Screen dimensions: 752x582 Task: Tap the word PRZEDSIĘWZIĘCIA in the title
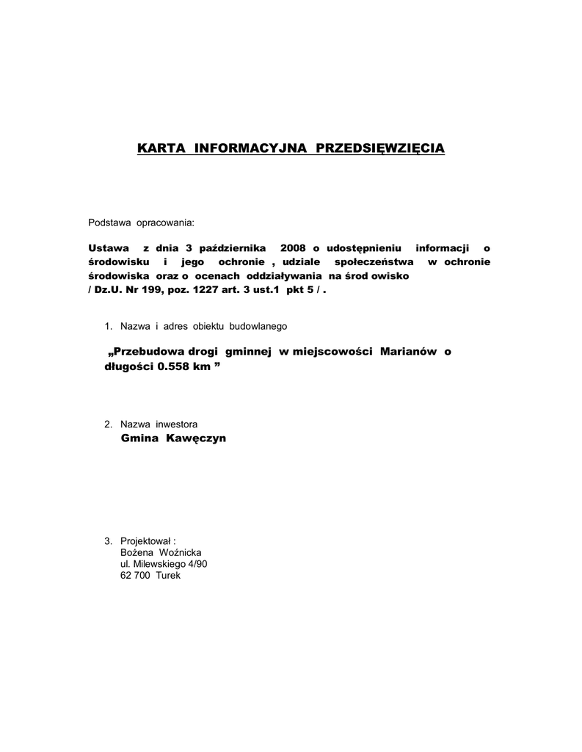pyautogui.click(x=379, y=148)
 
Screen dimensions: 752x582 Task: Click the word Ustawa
pyautogui.click(x=109, y=248)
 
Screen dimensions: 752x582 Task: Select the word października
pyautogui.click(x=222, y=248)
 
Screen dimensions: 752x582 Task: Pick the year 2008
pyautogui.click(x=293, y=248)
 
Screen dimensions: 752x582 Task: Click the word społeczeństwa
pyautogui.click(x=374, y=262)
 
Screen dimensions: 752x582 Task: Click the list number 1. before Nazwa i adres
pyautogui.click(x=109, y=325)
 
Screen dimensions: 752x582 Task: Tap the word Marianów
pyautogui.click(x=410, y=352)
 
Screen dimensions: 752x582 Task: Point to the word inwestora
pyautogui.click(x=175, y=424)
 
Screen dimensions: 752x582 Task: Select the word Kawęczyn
pyautogui.click(x=196, y=438)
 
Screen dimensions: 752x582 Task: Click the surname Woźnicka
pyautogui.click(x=180, y=552)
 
